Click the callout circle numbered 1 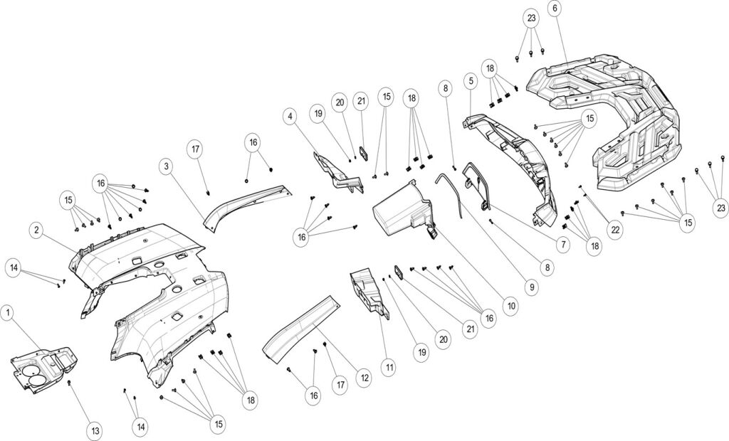(x=8, y=312)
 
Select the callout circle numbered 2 (x=36, y=230)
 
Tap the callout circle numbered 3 (x=165, y=166)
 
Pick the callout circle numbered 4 (x=290, y=115)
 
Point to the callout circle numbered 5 (x=471, y=81)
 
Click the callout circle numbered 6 (x=555, y=9)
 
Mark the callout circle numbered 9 (x=530, y=288)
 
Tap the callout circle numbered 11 (x=389, y=368)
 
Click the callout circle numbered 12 (x=364, y=378)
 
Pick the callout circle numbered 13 (x=94, y=430)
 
